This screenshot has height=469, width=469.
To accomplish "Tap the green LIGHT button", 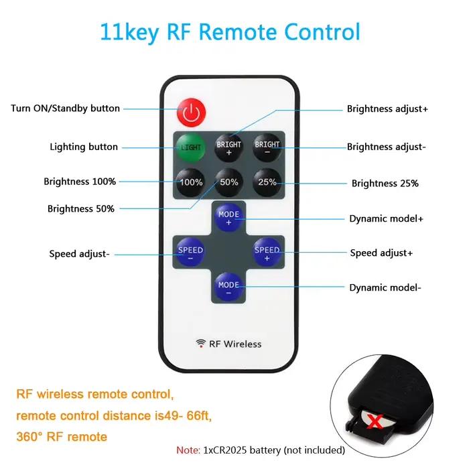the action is pos(190,147).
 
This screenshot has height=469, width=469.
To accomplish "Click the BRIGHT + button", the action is pos(229,148).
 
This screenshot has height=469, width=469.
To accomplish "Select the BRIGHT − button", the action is pos(267,148).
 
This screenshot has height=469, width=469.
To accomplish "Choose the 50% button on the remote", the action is pos(229,182).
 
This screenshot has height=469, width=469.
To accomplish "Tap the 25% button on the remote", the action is pos(267,182).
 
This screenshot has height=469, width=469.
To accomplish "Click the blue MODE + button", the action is pos(228,218).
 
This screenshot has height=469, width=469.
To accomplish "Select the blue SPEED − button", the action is pos(190,252).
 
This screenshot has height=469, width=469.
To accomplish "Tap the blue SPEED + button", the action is pos(267,252).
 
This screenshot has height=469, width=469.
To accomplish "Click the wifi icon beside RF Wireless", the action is pos(201,343).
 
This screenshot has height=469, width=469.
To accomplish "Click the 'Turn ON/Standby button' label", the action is pos(65,109).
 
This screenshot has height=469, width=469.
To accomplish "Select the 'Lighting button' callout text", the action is pos(84,147).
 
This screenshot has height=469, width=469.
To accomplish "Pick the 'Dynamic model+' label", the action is pos(386,218).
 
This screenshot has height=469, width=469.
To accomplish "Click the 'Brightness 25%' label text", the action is pos(385,184).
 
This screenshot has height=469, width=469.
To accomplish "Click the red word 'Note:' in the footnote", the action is pos(188,450).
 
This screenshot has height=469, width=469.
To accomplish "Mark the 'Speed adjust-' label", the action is pos(79,254).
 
